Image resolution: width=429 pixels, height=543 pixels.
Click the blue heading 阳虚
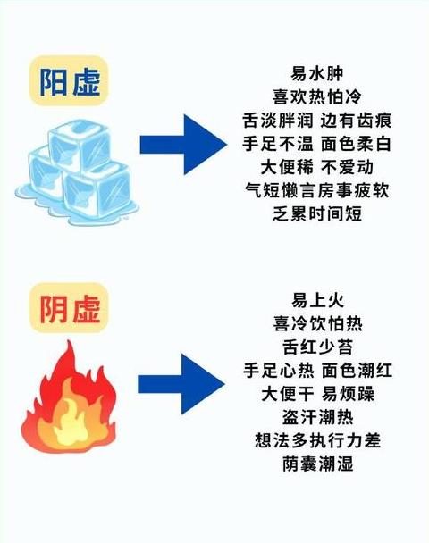tap(70, 82)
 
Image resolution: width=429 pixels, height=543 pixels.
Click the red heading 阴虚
tap(70, 308)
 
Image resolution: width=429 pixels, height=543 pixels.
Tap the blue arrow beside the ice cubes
tap(183, 145)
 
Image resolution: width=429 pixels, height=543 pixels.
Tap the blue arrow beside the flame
tap(181, 384)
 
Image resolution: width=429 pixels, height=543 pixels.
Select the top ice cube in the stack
tap(80, 146)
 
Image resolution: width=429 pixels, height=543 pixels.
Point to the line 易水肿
tap(316, 74)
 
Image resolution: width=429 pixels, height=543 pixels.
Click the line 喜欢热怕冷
tap(316, 96)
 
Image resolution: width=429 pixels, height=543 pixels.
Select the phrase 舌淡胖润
tap(278, 121)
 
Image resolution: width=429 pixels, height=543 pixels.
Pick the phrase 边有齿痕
tap(356, 121)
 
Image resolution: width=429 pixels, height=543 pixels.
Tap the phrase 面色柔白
tap(356, 144)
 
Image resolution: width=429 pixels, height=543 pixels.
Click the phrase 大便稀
tap(287, 167)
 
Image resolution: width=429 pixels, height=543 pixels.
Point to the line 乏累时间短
tap(316, 213)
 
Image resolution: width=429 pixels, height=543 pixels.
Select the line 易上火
tap(318, 300)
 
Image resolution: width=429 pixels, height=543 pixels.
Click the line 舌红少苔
tap(318, 347)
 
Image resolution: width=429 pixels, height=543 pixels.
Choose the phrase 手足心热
tap(278, 371)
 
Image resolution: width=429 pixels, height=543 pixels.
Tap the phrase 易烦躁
tap(348, 394)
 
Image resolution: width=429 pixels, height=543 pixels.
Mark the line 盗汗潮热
tap(318, 417)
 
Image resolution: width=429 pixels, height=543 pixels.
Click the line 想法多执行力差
tap(318, 440)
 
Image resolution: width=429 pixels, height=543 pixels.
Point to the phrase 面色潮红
tap(357, 371)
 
